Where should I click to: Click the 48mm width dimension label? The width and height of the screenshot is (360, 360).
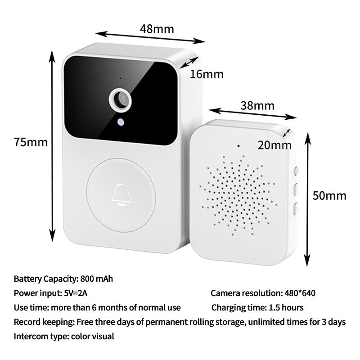coord(157,29)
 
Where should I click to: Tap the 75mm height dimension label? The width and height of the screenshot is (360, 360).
coord(31,142)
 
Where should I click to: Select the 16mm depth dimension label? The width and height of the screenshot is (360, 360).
coord(207,74)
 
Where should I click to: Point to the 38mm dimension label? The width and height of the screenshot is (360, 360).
coord(257,106)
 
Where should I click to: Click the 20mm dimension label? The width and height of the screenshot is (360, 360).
coord(274,145)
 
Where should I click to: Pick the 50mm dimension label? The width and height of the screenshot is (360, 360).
coord(329,196)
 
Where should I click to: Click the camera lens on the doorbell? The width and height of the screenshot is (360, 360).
coord(120,100)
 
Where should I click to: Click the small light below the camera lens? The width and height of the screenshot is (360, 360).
coord(121,122)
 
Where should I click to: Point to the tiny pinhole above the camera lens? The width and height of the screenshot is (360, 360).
coord(121,78)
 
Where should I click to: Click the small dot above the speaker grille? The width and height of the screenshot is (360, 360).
coord(238,146)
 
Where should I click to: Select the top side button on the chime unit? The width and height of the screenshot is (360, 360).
coord(296,171)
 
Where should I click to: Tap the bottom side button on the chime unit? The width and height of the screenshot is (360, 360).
coord(296,209)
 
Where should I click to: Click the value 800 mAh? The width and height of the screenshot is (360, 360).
coord(97,279)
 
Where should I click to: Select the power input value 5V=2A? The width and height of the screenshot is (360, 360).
coord(76,293)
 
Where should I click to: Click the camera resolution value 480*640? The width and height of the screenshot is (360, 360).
coord(300,293)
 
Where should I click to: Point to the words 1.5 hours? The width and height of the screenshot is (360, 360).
coord(286,308)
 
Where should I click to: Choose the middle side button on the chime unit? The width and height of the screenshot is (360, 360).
coord(296,189)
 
